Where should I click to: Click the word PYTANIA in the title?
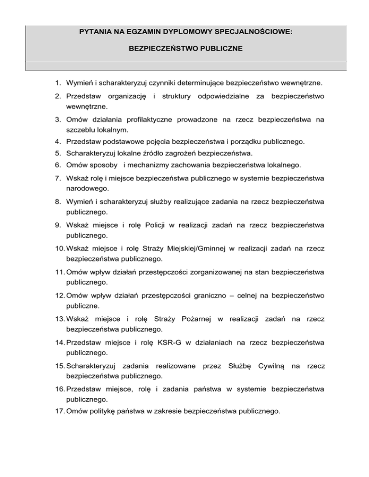[x=95, y=33]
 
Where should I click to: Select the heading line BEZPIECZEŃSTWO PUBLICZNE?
[x=185, y=49]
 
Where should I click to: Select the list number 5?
[x=56, y=153]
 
